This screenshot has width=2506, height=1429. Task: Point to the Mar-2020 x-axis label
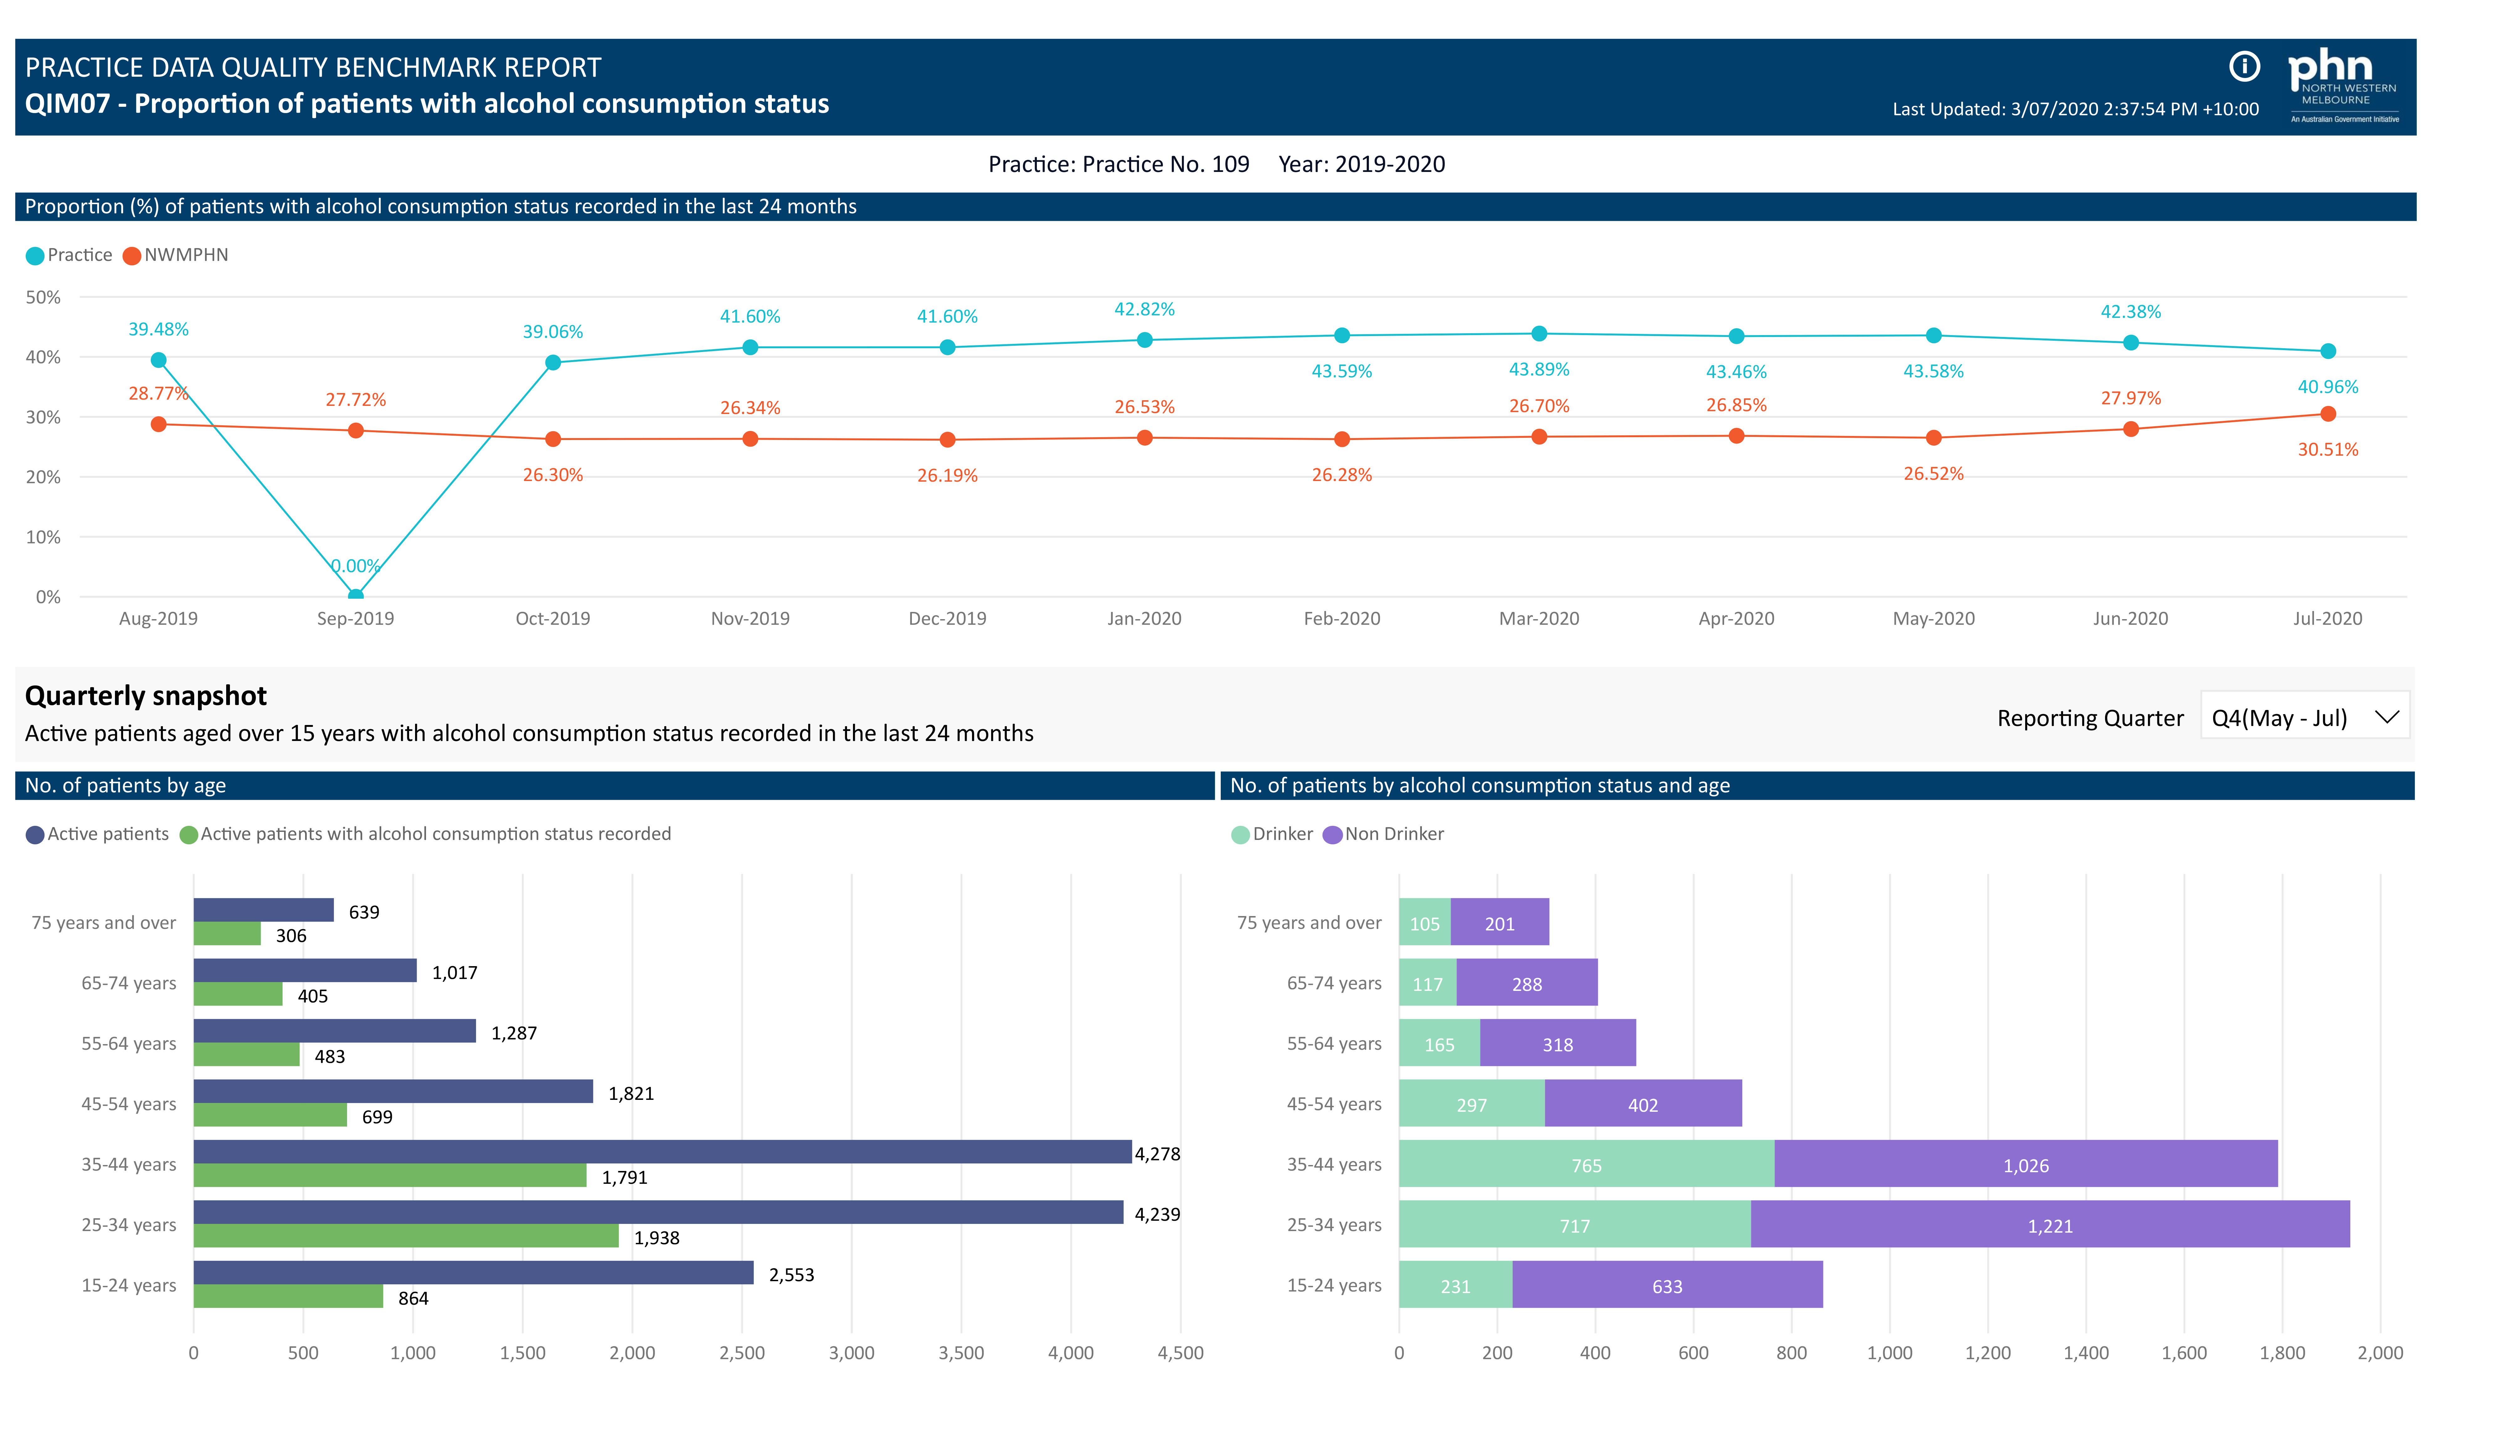point(1538,618)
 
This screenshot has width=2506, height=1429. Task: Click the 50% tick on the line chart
point(43,298)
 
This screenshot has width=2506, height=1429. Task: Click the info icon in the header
point(2244,67)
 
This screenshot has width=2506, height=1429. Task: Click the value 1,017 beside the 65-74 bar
point(455,973)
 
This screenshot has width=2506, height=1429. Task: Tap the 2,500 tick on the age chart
point(741,1353)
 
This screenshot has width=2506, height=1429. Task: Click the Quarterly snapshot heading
point(145,696)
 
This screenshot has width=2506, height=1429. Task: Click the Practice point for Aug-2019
point(158,360)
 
